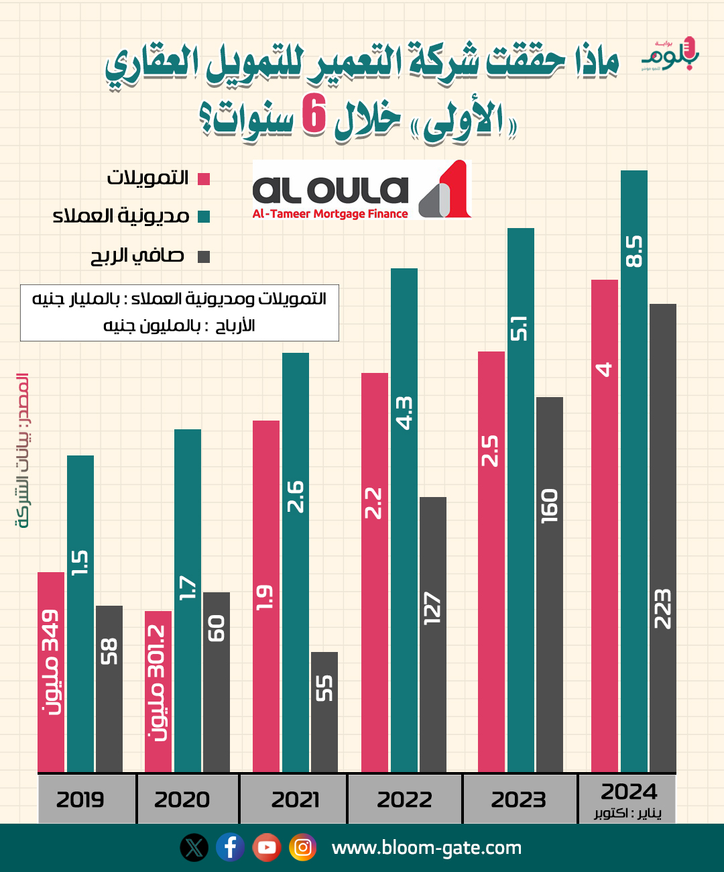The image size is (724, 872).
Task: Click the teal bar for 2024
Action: point(633,470)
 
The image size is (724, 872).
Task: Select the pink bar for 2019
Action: point(51,671)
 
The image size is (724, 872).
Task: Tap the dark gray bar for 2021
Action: point(324,711)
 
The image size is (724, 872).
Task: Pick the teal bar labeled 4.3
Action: point(404,520)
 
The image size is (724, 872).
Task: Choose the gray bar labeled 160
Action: point(549,584)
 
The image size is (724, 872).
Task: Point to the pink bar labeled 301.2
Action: point(158,691)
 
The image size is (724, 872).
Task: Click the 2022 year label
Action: point(404,800)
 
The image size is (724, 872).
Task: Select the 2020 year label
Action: point(182,800)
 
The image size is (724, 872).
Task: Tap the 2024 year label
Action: point(629,792)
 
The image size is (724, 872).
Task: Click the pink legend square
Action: point(204,179)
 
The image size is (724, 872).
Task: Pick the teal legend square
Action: point(204,217)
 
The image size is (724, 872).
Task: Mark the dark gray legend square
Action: point(204,256)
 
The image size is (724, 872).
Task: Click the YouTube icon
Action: point(267,848)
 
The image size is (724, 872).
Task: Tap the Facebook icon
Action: point(230,848)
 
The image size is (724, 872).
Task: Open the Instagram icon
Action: point(302,848)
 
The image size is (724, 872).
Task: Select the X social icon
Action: point(194,848)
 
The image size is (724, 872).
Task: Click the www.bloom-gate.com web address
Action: point(426,848)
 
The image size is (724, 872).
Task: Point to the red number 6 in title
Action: point(314,114)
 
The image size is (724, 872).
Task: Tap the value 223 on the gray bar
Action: point(662,609)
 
